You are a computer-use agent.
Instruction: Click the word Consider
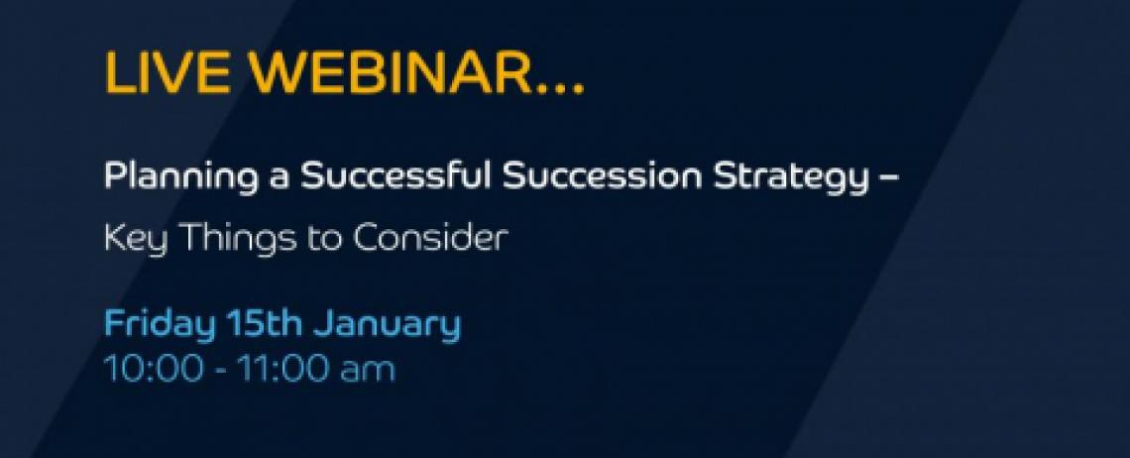(x=430, y=237)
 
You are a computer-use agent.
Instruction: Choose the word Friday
(x=160, y=324)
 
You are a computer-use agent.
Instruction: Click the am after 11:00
(x=368, y=372)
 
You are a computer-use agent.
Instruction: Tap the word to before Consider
(x=325, y=239)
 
